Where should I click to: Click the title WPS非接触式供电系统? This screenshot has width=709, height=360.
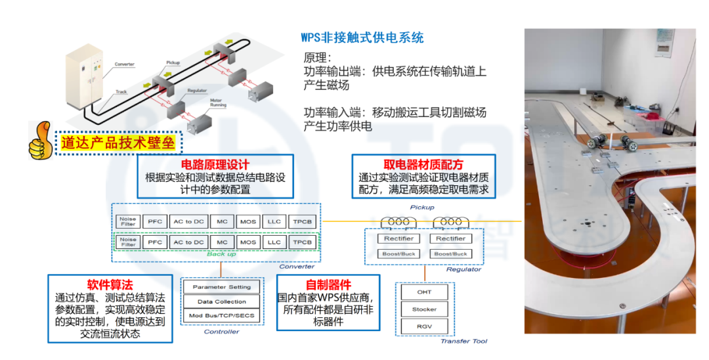point(362,37)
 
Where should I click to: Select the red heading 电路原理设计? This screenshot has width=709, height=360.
point(215,164)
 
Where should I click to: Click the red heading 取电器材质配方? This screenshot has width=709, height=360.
point(423,164)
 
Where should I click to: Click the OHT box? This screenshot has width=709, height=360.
point(424,292)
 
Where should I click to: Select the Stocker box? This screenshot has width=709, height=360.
point(424,309)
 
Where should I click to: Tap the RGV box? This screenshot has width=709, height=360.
point(424,326)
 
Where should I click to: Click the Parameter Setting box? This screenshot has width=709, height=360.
point(222,287)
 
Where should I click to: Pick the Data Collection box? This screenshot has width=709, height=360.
point(222,302)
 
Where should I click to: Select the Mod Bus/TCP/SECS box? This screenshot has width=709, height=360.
point(222,316)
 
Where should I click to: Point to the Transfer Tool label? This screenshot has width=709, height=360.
point(463,341)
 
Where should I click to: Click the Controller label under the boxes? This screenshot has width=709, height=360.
point(222,332)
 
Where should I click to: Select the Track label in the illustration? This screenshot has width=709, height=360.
point(121,92)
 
